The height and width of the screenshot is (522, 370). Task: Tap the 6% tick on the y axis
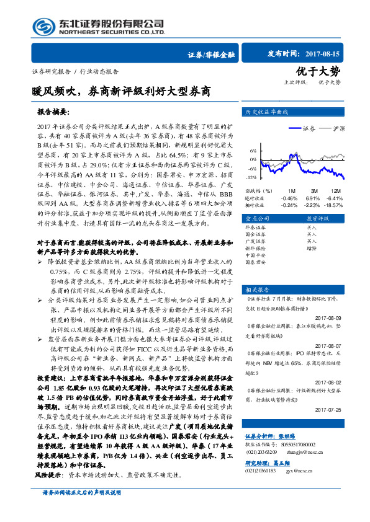tap(253, 151)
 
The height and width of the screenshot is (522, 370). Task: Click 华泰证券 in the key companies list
tap(257, 228)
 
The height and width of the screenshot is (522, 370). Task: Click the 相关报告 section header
tap(258, 290)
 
